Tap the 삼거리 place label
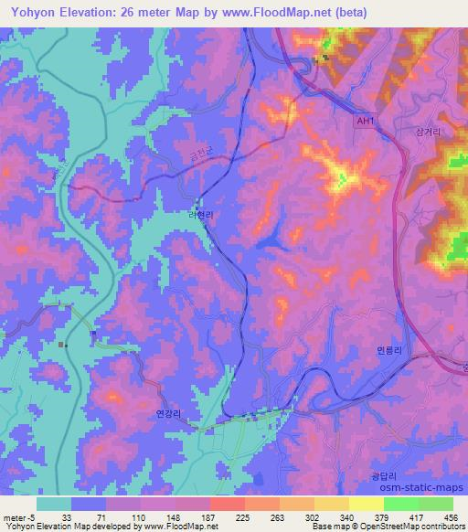429,133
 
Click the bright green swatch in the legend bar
400,503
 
